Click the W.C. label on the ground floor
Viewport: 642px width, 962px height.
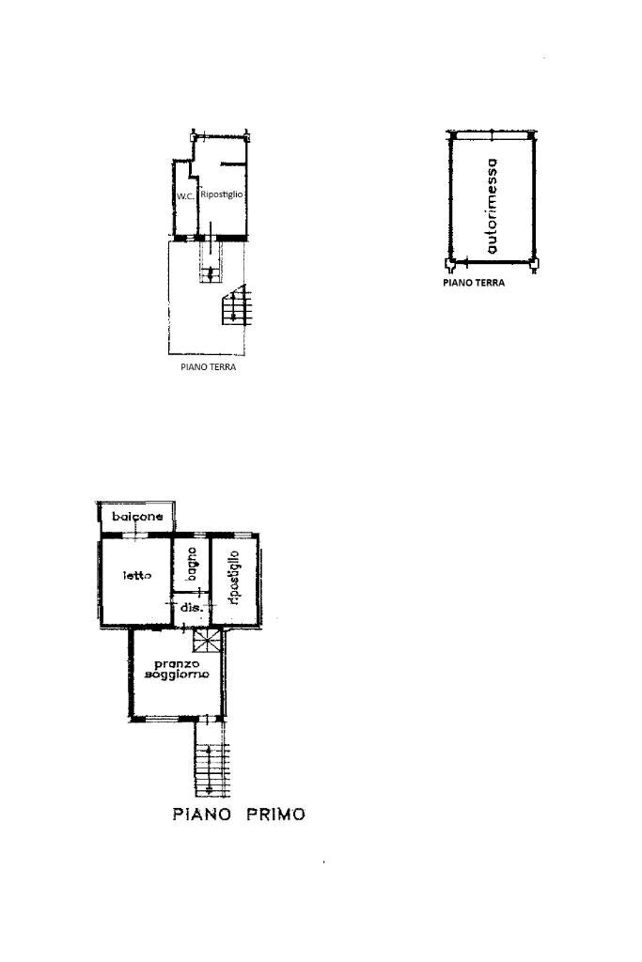pyautogui.click(x=185, y=196)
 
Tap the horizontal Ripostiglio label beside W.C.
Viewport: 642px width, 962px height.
pyautogui.click(x=222, y=194)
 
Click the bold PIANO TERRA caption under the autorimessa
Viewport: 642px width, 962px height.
pyautogui.click(x=474, y=283)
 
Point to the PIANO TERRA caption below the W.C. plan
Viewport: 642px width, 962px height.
pyautogui.click(x=208, y=367)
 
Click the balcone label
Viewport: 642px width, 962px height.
pyautogui.click(x=137, y=517)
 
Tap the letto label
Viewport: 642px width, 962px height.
pyautogui.click(x=137, y=576)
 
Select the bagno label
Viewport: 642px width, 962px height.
pyautogui.click(x=192, y=564)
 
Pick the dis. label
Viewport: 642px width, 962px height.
pyautogui.click(x=188, y=608)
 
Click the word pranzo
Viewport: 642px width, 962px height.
pyautogui.click(x=176, y=664)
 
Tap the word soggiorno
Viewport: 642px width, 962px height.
pyautogui.click(x=177, y=674)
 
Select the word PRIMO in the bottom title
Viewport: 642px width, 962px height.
pyautogui.click(x=275, y=815)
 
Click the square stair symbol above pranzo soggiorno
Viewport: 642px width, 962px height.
pyautogui.click(x=208, y=641)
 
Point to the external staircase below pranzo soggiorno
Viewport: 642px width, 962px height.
pyautogui.click(x=211, y=758)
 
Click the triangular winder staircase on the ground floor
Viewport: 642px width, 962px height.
pyautogui.click(x=236, y=305)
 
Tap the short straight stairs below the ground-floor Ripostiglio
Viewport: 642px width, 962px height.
pyautogui.click(x=211, y=261)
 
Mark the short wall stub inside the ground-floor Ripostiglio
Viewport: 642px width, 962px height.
pyautogui.click(x=233, y=163)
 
